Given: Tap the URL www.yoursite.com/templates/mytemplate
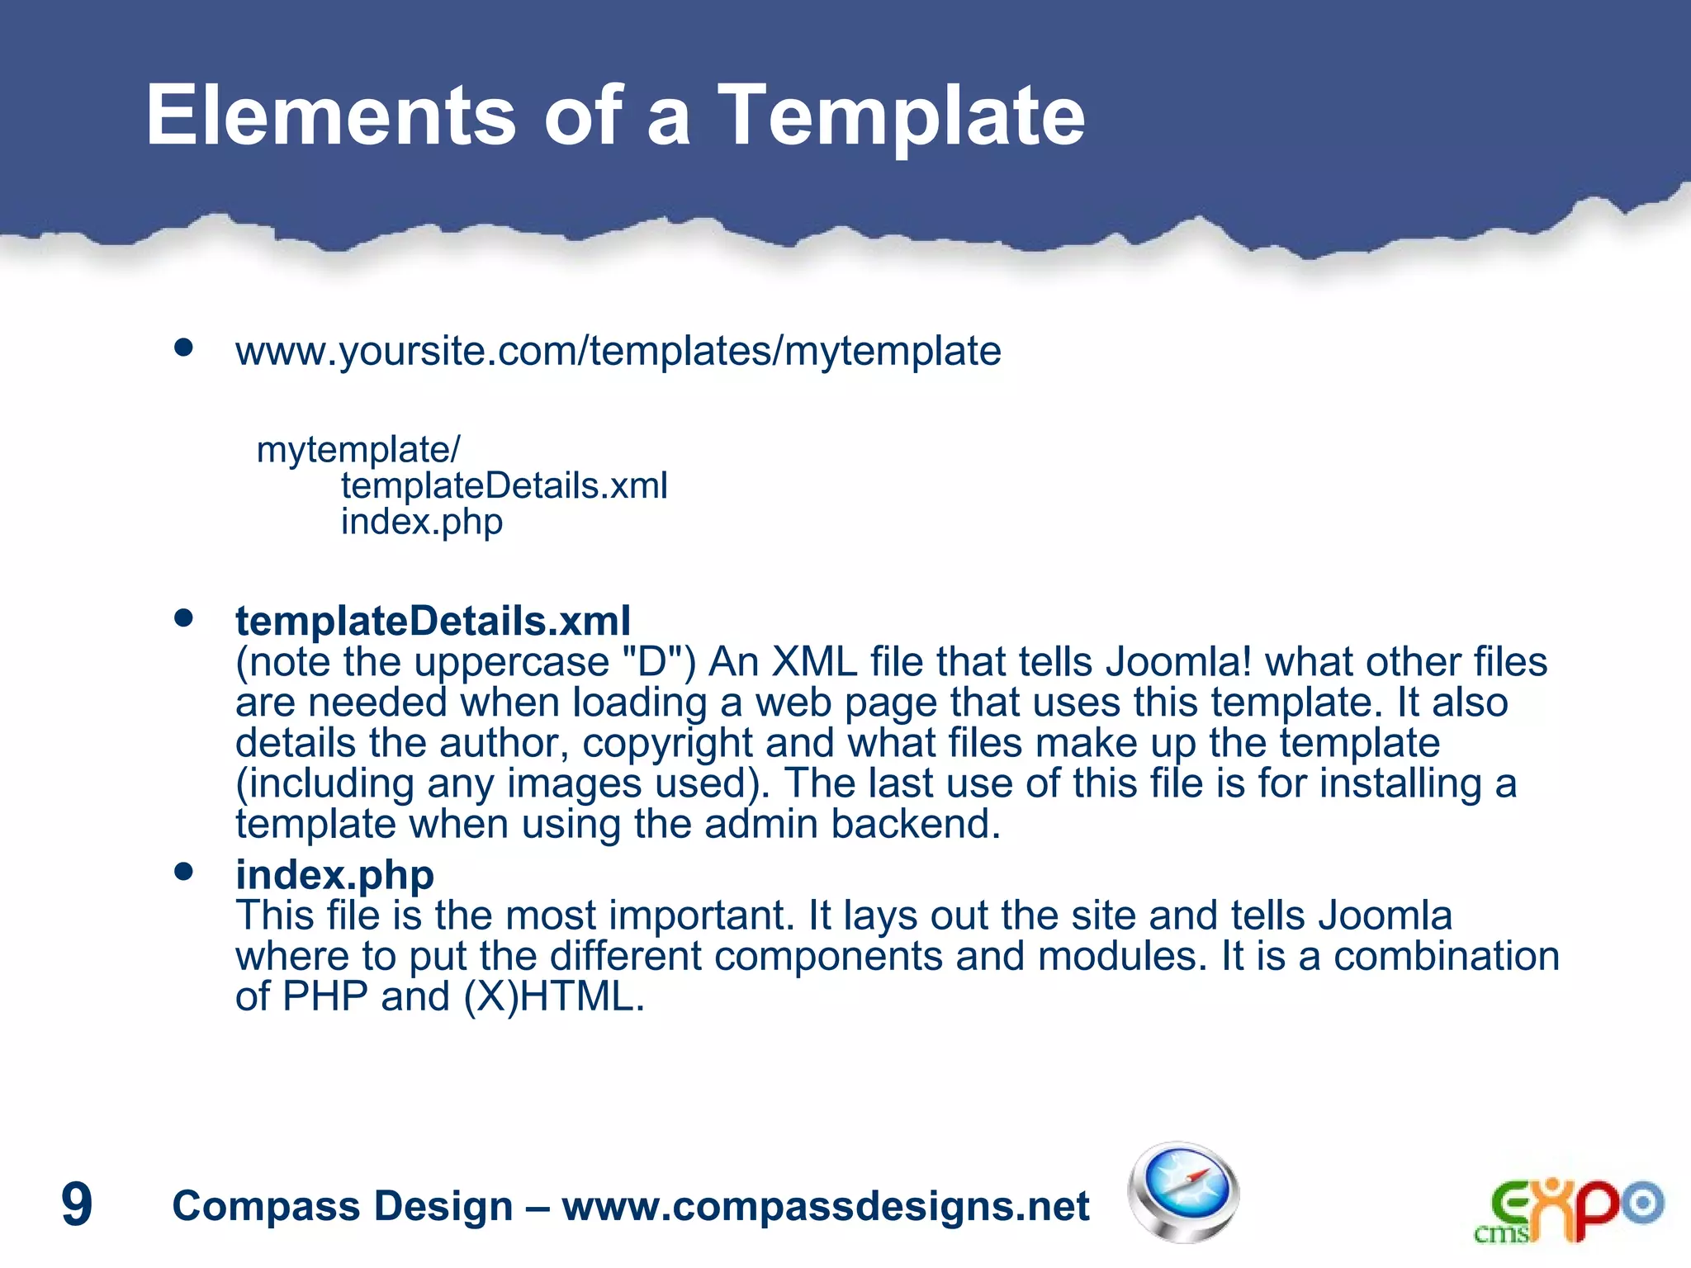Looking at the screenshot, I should point(618,352).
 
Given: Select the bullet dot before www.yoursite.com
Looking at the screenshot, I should point(183,348).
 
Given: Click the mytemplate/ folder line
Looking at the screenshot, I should point(358,450).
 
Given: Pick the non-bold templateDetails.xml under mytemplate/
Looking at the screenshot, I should point(504,486).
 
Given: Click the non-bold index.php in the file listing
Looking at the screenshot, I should point(421,523).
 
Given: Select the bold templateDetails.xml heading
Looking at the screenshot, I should point(433,621).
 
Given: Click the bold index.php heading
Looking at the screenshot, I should point(334,875).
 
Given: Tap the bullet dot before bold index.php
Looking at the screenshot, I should point(183,872).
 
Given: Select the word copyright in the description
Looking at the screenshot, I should point(667,743).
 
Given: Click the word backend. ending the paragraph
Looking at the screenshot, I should point(916,824).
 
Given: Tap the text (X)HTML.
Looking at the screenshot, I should point(553,997).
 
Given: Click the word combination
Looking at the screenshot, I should point(1446,957).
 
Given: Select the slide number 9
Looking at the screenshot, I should point(77,1204).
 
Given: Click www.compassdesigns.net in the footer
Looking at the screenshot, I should point(826,1206).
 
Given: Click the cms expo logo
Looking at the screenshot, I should point(1568,1210).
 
